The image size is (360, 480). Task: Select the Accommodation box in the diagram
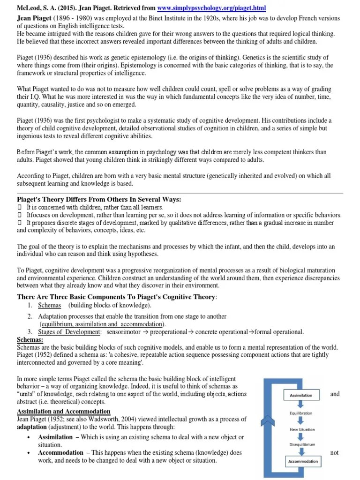click(302, 461)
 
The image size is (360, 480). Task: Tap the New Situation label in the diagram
click(302, 429)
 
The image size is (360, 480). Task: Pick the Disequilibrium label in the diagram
click(302, 445)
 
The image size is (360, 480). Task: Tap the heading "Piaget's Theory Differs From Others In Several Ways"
click(99, 199)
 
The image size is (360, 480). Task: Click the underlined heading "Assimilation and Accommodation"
click(64, 411)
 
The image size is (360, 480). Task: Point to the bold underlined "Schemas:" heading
click(30, 339)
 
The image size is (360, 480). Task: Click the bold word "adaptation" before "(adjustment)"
click(31, 427)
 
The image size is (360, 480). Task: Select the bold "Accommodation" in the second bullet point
click(61, 453)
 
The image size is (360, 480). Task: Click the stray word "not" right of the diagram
click(334, 453)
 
